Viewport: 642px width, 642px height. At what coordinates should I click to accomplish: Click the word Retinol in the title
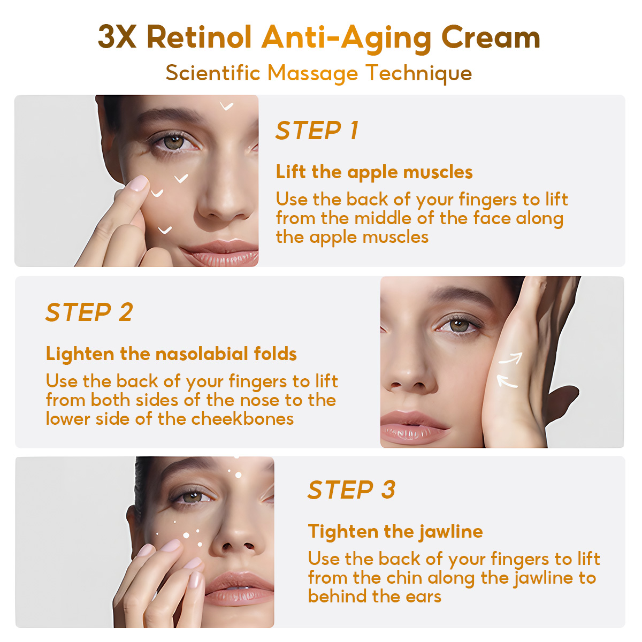[199, 37]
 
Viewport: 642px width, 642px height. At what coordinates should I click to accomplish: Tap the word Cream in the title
[490, 37]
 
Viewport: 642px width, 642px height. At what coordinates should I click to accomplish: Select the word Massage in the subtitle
[312, 74]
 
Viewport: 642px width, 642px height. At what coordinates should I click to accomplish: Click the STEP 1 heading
[317, 130]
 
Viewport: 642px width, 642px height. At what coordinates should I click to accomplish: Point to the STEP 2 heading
[89, 312]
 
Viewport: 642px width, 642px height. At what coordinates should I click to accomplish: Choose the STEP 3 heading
[351, 490]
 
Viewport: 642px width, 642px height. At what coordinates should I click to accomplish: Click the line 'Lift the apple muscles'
[374, 172]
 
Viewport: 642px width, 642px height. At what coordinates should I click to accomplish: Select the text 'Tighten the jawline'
[395, 531]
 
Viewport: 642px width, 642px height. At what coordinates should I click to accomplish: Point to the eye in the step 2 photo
[458, 325]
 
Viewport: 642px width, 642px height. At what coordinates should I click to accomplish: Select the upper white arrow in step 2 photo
[511, 358]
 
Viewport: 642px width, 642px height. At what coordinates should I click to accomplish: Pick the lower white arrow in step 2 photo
[507, 381]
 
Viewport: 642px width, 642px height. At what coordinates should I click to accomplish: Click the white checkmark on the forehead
[226, 106]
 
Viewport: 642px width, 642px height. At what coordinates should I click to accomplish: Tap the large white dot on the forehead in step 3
[238, 476]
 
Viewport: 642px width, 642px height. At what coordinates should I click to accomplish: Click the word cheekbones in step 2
[242, 419]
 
